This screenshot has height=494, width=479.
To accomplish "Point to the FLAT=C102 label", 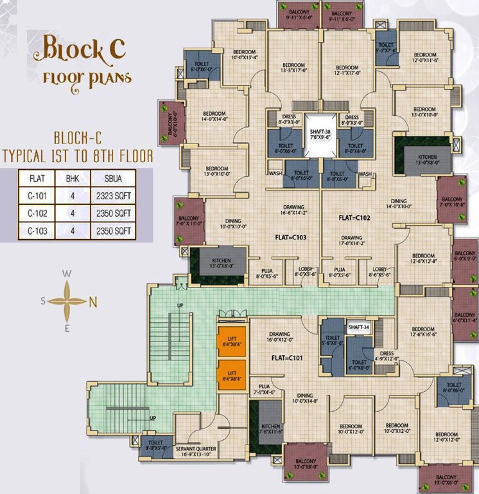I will click(355, 218).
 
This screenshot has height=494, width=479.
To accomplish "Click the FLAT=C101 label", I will click(287, 357).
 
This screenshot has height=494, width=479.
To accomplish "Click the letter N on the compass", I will click(92, 300).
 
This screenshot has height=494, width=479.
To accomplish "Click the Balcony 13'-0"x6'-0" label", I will click(446, 479).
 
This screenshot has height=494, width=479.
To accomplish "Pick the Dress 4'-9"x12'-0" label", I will click(387, 356).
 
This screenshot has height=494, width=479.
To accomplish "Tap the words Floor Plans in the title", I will click(87, 78).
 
